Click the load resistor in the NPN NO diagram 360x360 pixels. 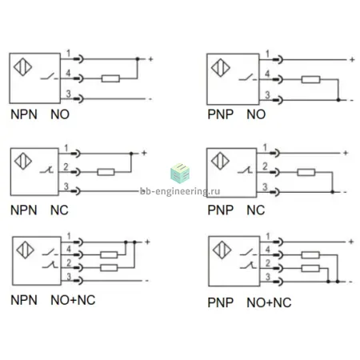tap(110, 78)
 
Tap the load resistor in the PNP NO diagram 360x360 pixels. tap(310, 79)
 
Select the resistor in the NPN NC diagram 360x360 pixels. tap(106, 172)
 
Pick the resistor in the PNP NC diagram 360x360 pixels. tap(306, 172)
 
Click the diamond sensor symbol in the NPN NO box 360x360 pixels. tap(23, 66)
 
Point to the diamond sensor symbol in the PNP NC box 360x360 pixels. tap(220, 161)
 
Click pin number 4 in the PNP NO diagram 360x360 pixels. tap(267, 74)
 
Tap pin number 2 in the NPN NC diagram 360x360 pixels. tap(66, 167)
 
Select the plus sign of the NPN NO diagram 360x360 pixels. tap(150, 59)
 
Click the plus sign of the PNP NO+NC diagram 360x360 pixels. tap(351, 242)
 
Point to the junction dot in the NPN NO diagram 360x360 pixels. tap(138, 59)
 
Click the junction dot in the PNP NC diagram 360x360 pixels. tap(332, 192)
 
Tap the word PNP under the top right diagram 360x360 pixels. tap(221, 114)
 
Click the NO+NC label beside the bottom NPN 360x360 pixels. tap(73, 300)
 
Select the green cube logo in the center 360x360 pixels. tap(180, 174)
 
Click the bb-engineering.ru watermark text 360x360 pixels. tap(180, 191)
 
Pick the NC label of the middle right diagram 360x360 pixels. tap(256, 210)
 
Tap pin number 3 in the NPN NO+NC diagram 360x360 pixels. tap(69, 277)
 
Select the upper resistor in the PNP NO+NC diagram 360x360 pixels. tap(310, 255)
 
